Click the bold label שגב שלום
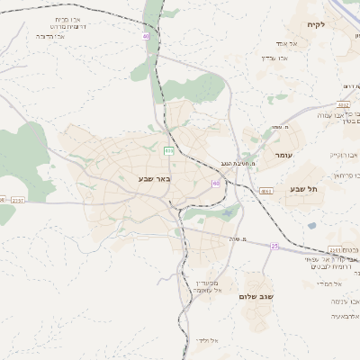(x=256, y=295)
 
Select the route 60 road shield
(x=215, y=183)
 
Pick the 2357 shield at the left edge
(x=19, y=200)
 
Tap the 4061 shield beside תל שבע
(x=266, y=192)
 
